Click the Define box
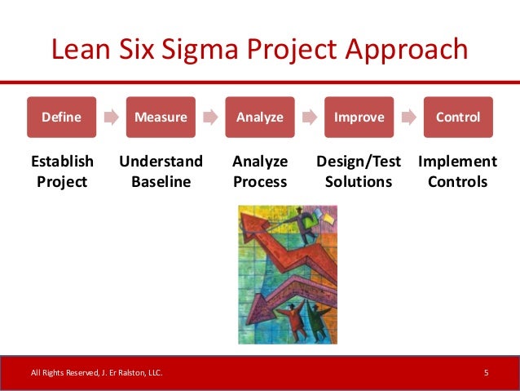pyautogui.click(x=62, y=118)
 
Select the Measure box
pyautogui.click(x=161, y=118)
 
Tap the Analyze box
pyautogui.click(x=260, y=118)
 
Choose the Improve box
pyautogui.click(x=359, y=118)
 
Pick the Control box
pyautogui.click(x=457, y=118)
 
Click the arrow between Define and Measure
pyautogui.click(x=111, y=118)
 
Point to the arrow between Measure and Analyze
pyautogui.click(x=210, y=118)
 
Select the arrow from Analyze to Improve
pyautogui.click(x=309, y=118)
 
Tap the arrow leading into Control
pyautogui.click(x=408, y=118)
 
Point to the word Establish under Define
pyautogui.click(x=62, y=162)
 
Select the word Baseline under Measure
pyautogui.click(x=161, y=181)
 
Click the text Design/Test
pyautogui.click(x=359, y=162)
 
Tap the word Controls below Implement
pyautogui.click(x=457, y=181)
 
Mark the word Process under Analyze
pyautogui.click(x=260, y=181)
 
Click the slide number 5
pyautogui.click(x=486, y=373)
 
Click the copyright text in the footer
pyautogui.click(x=96, y=373)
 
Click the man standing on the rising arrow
pyautogui.click(x=308, y=229)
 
